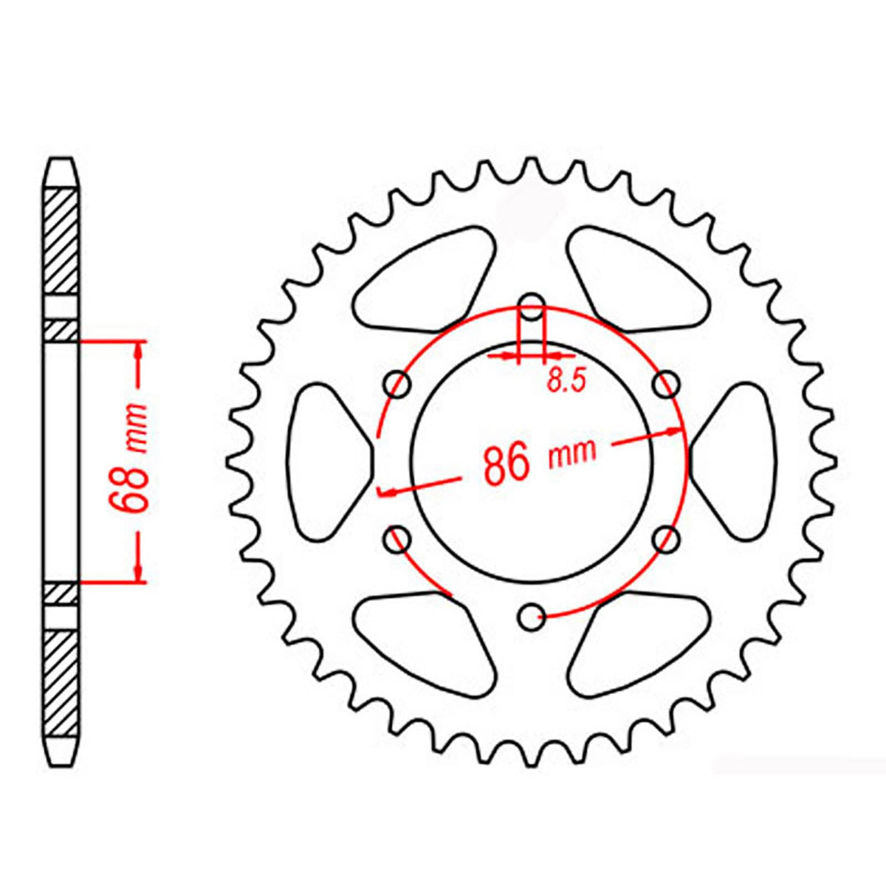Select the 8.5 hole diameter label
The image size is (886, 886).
[x=566, y=380]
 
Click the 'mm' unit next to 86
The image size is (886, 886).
[x=572, y=452]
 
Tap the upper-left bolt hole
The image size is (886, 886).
[x=399, y=385]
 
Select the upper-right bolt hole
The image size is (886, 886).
[x=667, y=384]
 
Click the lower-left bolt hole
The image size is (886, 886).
[x=399, y=538]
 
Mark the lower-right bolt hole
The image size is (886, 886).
[x=667, y=539]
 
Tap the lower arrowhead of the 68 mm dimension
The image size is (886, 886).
[x=138, y=572]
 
